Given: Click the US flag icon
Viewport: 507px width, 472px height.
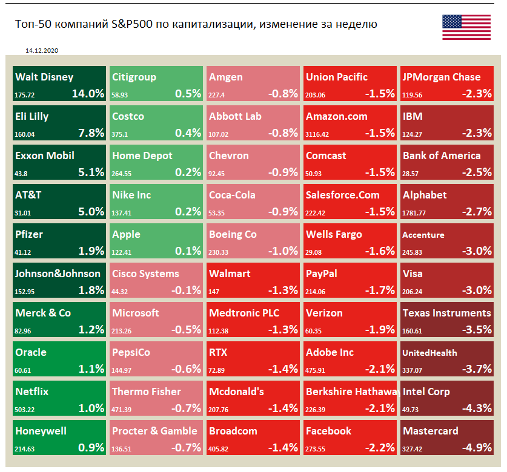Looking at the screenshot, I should tap(466, 27).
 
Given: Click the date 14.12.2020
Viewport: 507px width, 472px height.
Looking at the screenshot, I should tap(42, 51).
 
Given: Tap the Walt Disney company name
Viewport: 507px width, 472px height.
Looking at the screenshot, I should tap(44, 77).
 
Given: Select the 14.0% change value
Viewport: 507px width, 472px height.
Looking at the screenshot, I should tap(88, 94).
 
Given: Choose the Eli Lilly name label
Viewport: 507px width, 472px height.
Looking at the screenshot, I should tap(32, 117).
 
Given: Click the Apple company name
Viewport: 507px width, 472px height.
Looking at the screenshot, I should tap(126, 235).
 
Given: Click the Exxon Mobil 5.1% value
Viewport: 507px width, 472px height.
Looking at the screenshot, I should tap(91, 172).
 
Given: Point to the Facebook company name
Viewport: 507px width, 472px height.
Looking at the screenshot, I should tap(328, 431).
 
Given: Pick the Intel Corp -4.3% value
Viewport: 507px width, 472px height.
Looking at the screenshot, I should tap(476, 408).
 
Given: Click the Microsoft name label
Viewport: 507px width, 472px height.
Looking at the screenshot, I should tap(136, 313).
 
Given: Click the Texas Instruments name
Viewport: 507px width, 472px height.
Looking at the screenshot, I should tap(446, 313).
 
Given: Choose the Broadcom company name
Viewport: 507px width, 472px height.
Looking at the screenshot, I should tap(233, 431).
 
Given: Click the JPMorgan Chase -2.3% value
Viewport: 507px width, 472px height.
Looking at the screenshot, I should tap(476, 94).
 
